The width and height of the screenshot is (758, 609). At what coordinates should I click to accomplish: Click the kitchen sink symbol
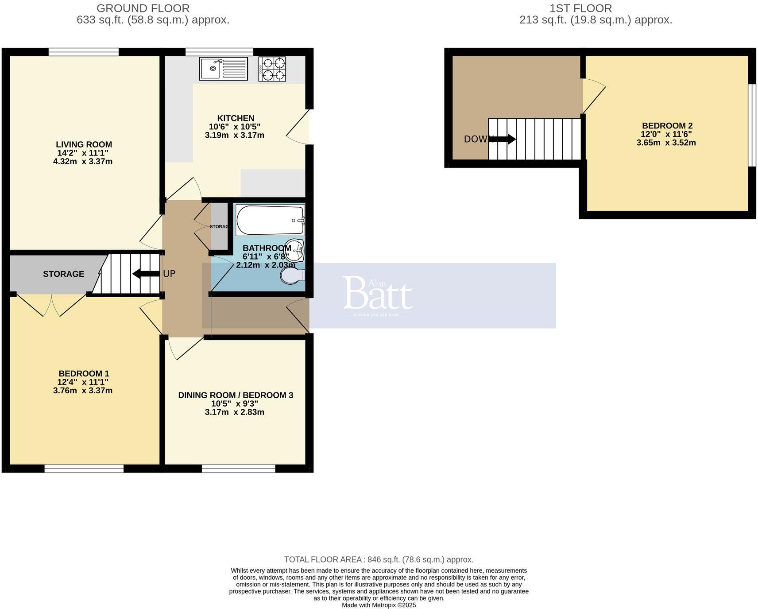223,69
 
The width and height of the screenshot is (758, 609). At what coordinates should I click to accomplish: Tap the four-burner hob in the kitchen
272,69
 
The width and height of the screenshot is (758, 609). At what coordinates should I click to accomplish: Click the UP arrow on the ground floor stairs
146,274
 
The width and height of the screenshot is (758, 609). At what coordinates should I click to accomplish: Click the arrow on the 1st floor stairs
503,139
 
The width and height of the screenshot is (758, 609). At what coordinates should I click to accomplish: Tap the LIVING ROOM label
84,144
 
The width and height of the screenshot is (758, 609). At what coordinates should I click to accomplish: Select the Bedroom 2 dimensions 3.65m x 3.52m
666,143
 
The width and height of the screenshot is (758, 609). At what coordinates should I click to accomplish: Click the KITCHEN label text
236,118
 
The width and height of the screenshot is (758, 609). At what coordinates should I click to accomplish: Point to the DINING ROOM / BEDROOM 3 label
236,395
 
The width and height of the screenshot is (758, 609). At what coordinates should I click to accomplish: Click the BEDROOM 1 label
84,374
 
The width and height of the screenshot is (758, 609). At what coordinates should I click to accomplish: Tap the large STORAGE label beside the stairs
63,274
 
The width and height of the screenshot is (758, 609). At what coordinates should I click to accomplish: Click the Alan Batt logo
378,295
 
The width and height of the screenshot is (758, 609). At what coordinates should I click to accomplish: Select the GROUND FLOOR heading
143,8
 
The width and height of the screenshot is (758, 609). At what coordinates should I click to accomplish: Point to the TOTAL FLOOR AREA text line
379,559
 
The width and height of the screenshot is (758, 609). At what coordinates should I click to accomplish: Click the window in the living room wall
84,52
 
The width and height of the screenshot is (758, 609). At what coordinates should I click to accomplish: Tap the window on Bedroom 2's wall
751,125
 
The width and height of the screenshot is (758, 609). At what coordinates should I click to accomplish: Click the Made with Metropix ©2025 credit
379,605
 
